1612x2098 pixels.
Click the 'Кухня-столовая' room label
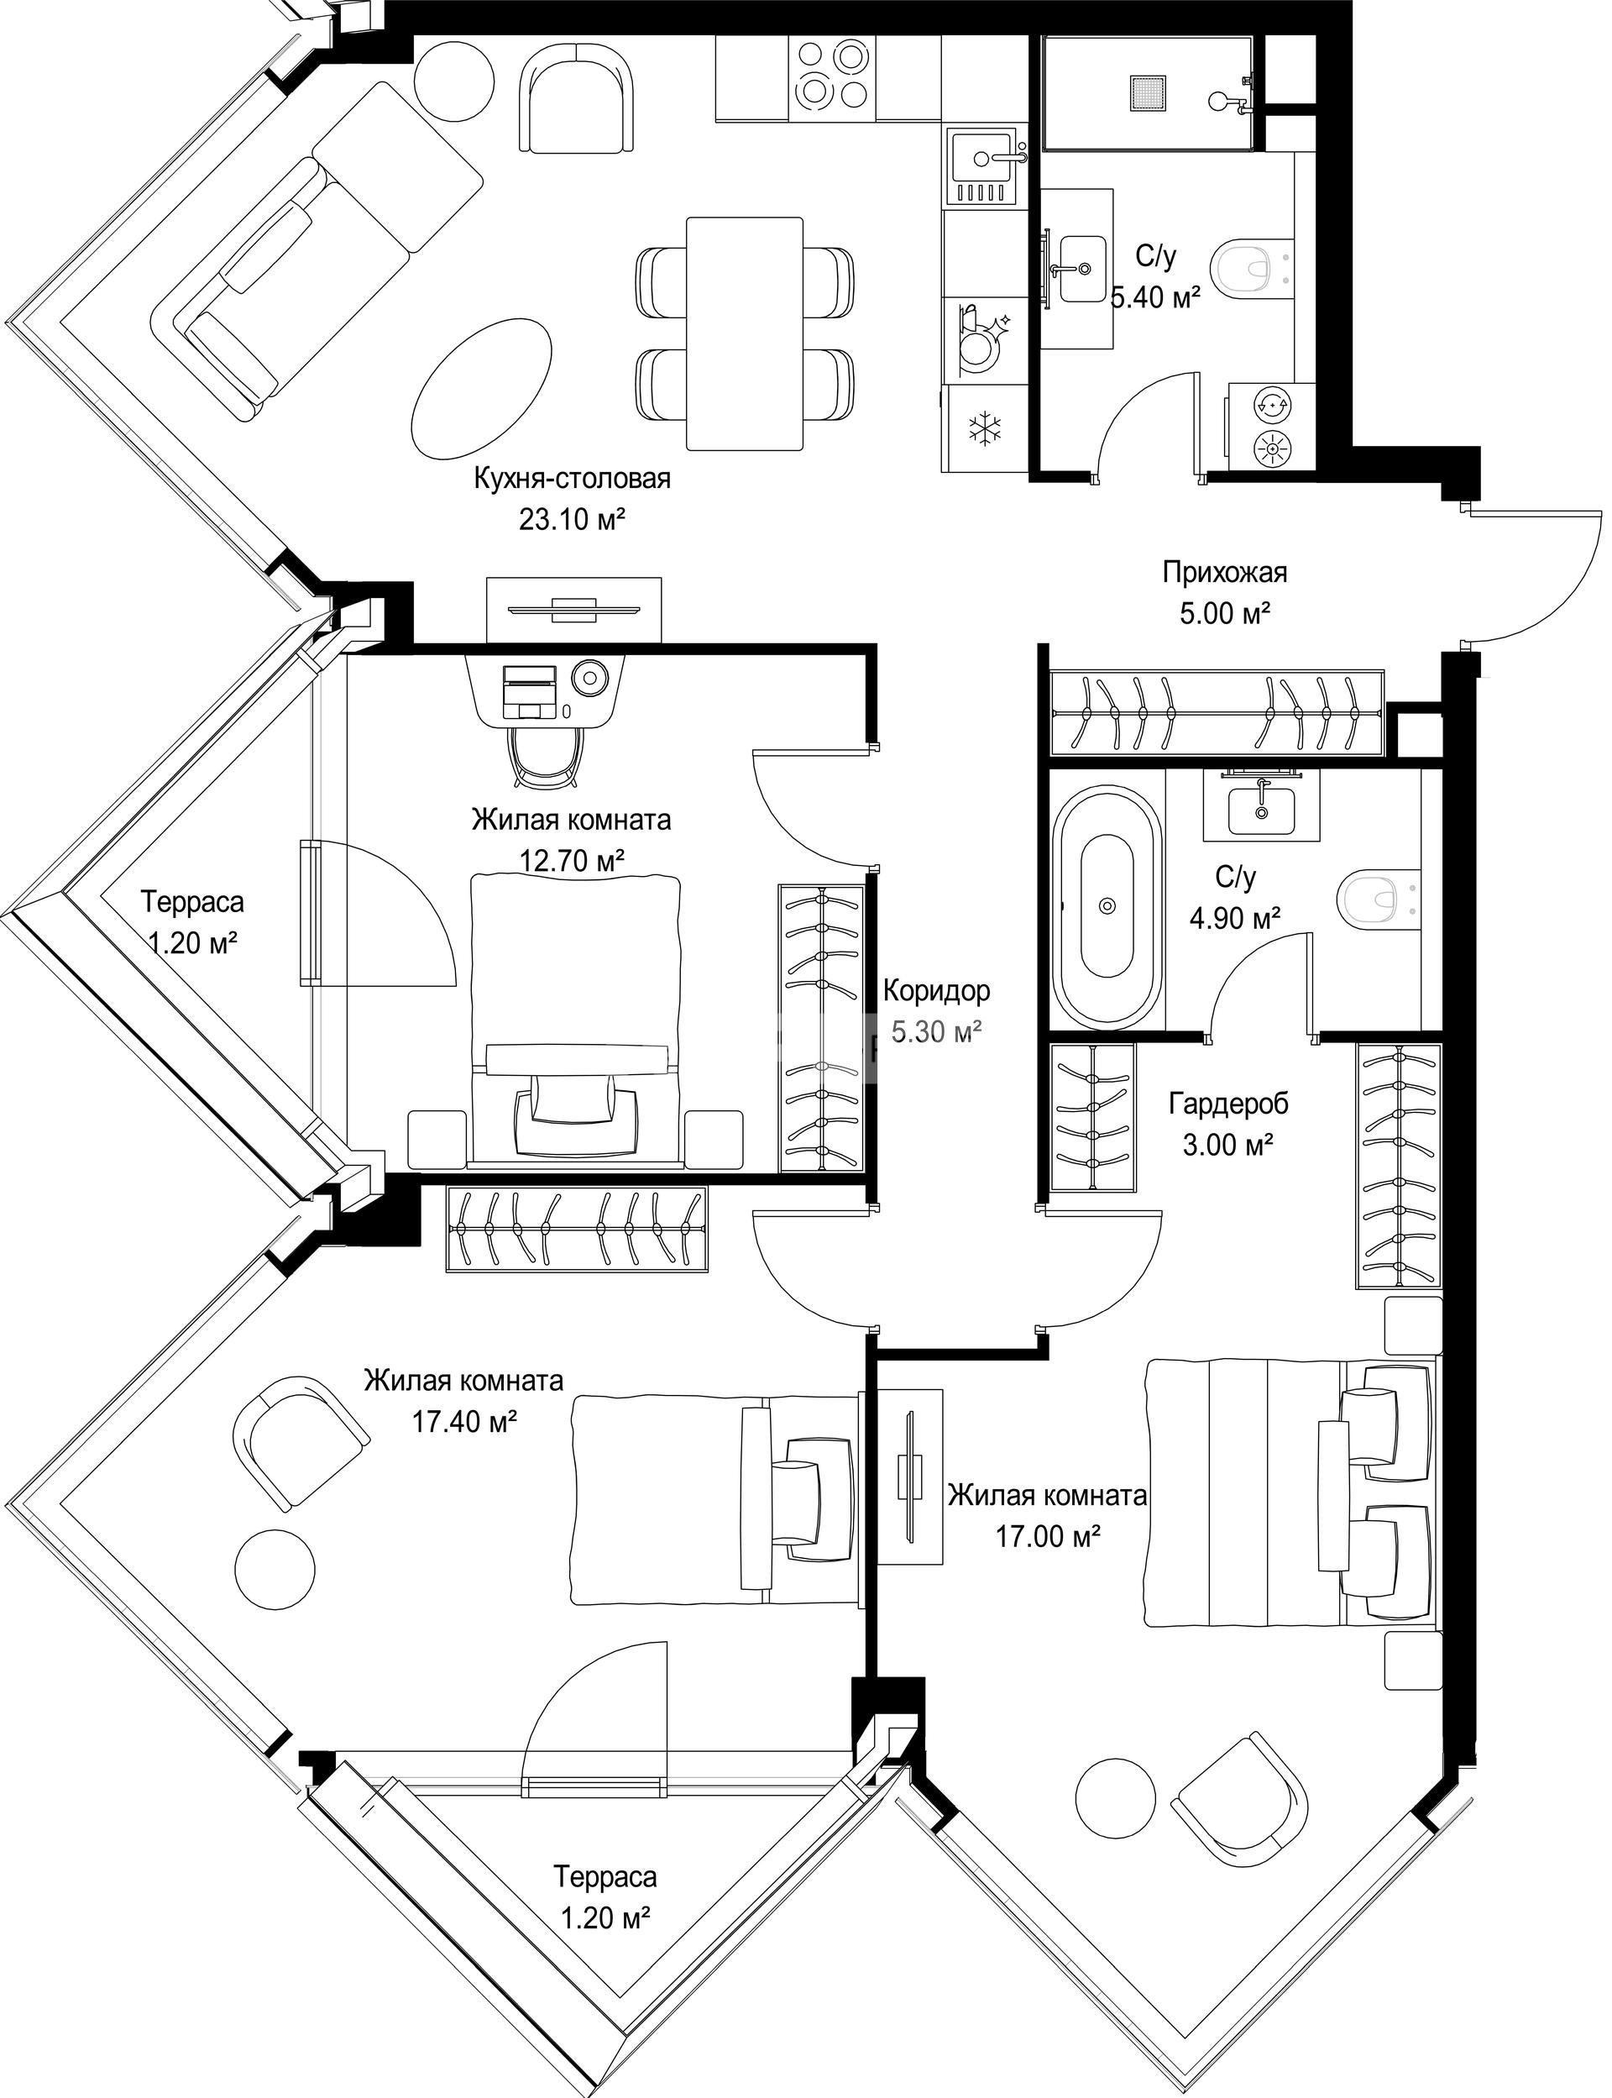tap(572, 479)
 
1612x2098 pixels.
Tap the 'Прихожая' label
tap(1225, 573)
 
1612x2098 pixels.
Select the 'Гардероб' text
tap(1228, 1104)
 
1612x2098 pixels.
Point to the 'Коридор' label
tap(936, 989)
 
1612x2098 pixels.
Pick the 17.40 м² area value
tap(464, 1420)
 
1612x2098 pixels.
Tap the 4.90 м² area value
tap(1235, 919)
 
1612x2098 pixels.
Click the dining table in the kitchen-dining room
tap(745, 333)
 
